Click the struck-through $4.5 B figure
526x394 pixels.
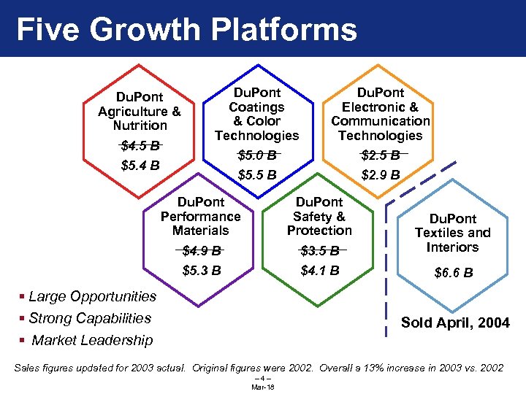point(140,145)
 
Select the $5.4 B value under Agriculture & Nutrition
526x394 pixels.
point(140,164)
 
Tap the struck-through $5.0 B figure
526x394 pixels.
point(257,155)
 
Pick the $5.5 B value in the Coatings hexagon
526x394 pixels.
point(257,175)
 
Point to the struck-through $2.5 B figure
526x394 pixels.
point(381,155)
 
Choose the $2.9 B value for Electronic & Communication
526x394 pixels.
point(381,175)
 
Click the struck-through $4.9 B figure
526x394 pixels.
point(202,252)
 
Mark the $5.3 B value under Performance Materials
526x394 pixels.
point(202,271)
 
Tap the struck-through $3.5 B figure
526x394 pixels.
point(320,252)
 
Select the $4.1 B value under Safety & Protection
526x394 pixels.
point(320,271)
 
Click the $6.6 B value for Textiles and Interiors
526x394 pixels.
point(453,273)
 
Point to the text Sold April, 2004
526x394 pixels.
point(455,322)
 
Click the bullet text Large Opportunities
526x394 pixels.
point(93,296)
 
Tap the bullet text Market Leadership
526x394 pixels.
point(93,340)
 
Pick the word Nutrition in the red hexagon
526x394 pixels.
point(140,125)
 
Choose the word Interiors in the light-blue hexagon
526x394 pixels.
point(453,247)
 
